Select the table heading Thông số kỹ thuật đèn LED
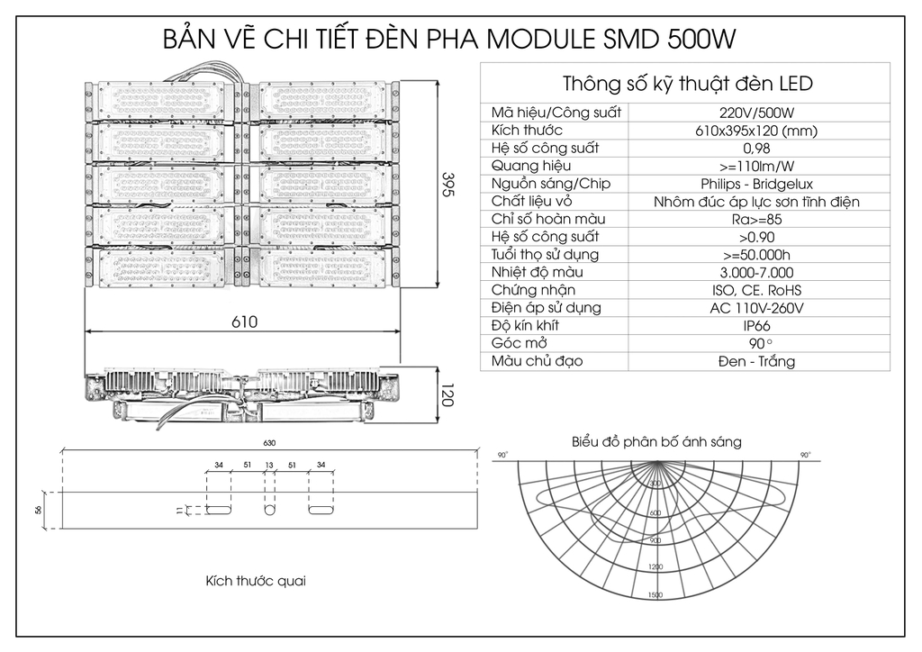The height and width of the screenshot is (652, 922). click(688, 84)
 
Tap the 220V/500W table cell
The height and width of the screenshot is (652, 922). click(756, 113)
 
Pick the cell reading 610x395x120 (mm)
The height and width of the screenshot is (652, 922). click(756, 131)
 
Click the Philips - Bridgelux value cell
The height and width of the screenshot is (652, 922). click(756, 184)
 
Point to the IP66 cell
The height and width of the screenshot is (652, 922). click(756, 326)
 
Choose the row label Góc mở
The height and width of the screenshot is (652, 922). click(517, 343)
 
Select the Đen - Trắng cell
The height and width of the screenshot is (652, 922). click(756, 361)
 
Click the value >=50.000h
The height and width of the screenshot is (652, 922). click(756, 255)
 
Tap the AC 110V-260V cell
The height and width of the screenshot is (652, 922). click(756, 308)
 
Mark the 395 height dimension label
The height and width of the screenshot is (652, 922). click(447, 184)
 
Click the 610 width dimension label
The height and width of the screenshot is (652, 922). click(244, 321)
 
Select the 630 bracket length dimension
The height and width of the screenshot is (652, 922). click(268, 444)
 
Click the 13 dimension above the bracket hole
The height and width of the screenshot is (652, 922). click(268, 466)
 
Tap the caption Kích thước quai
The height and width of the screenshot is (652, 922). click(256, 581)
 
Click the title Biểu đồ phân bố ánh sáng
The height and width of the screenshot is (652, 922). click(656, 441)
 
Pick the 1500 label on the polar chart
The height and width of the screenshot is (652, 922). click(655, 595)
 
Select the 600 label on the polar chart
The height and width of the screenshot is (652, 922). click(655, 512)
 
